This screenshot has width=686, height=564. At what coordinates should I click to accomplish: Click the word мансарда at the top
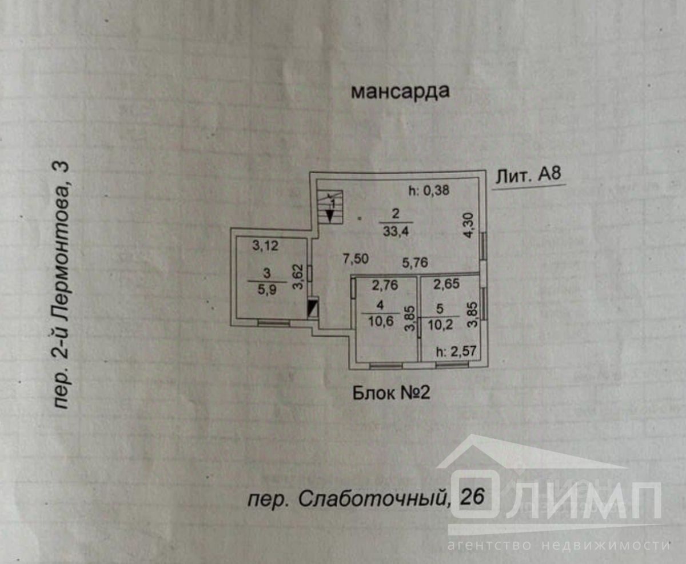pyautogui.click(x=400, y=91)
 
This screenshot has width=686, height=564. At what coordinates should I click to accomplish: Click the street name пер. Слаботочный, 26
pyautogui.click(x=366, y=499)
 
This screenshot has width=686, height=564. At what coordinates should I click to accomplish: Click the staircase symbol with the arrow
pyautogui.click(x=330, y=208)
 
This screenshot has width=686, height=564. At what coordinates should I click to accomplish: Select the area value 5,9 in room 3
pyautogui.click(x=266, y=290)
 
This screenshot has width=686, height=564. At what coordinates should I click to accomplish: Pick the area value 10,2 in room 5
pyautogui.click(x=439, y=324)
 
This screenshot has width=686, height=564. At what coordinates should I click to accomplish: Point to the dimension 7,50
pyautogui.click(x=355, y=258)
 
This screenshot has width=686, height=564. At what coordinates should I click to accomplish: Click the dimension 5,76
pyautogui.click(x=414, y=262)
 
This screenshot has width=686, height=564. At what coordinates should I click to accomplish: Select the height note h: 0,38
pyautogui.click(x=429, y=192)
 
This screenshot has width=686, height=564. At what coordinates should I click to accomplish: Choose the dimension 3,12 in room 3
pyautogui.click(x=265, y=246)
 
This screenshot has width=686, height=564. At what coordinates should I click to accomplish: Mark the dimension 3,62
pyautogui.click(x=297, y=277)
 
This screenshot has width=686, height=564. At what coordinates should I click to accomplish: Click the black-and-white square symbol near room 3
pyautogui.click(x=313, y=309)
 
